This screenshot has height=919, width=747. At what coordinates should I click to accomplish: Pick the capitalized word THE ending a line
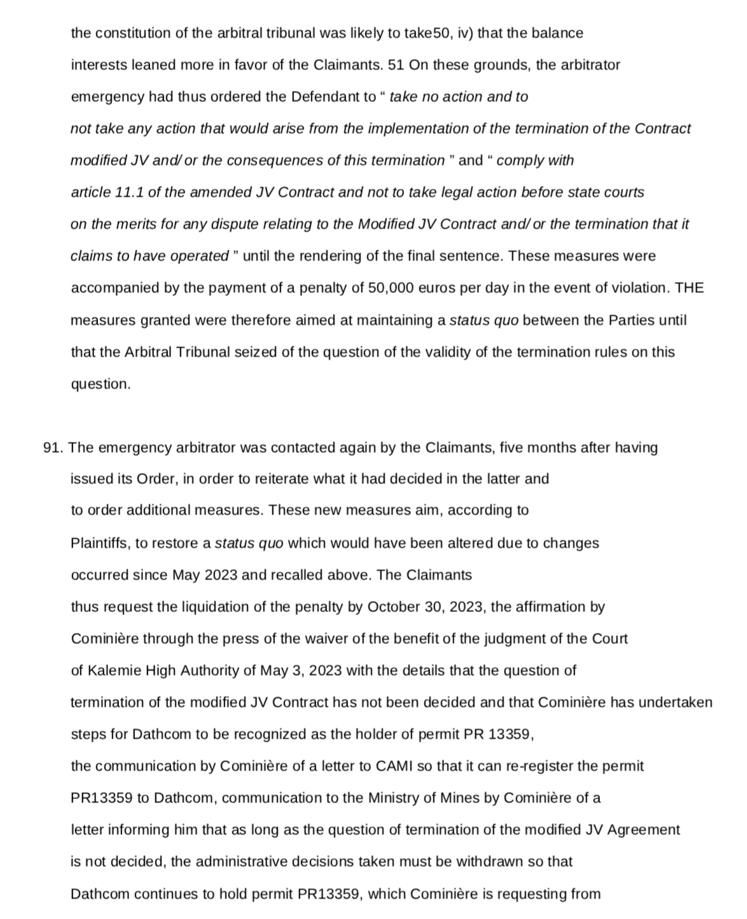(x=689, y=288)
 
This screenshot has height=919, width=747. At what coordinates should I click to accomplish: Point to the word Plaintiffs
(x=101, y=543)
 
